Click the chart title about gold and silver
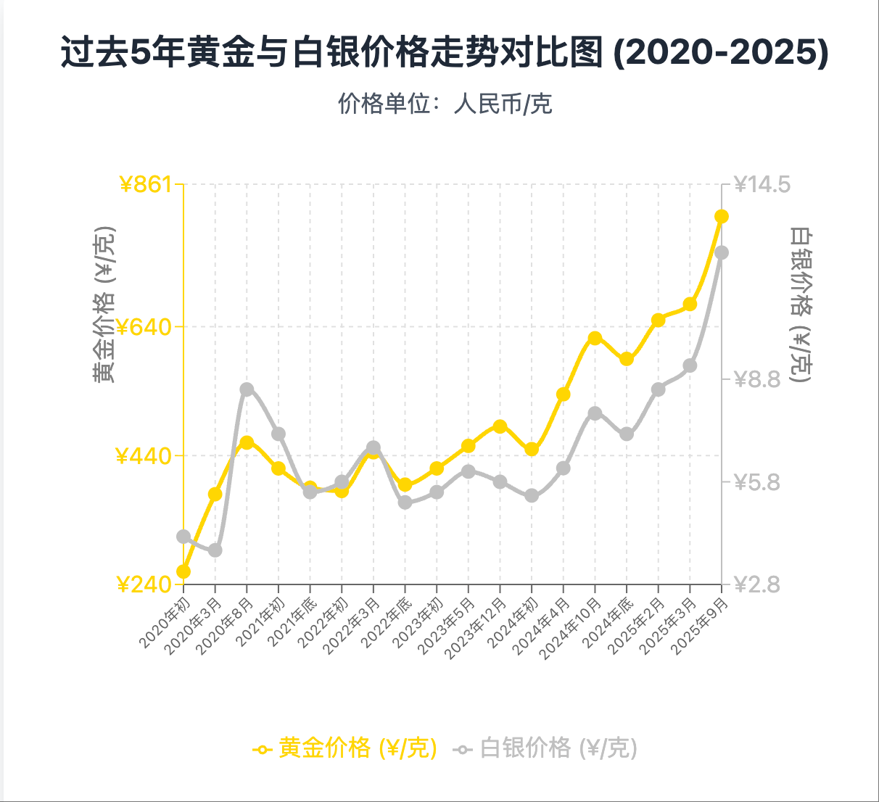pyautogui.click(x=444, y=53)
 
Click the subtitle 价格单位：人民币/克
pyautogui.click(x=445, y=104)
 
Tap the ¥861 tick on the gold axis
pyautogui.click(x=145, y=184)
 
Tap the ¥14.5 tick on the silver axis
pyautogui.click(x=762, y=184)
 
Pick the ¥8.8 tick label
pyautogui.click(x=757, y=379)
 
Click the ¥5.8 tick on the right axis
pyautogui.click(x=757, y=481)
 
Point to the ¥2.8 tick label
pyautogui.click(x=757, y=584)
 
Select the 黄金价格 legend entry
pyautogui.click(x=345, y=748)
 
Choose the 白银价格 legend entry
pyautogui.click(x=546, y=748)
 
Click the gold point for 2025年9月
pyautogui.click(x=722, y=216)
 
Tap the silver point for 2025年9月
pyautogui.click(x=722, y=252)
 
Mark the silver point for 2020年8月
pyautogui.click(x=247, y=389)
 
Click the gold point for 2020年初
pyautogui.click(x=183, y=571)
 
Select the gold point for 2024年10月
pyautogui.click(x=595, y=338)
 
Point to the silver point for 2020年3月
pyautogui.click(x=215, y=550)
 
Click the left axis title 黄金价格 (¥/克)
pyautogui.click(x=104, y=305)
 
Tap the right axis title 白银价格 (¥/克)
pyautogui.click(x=801, y=305)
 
